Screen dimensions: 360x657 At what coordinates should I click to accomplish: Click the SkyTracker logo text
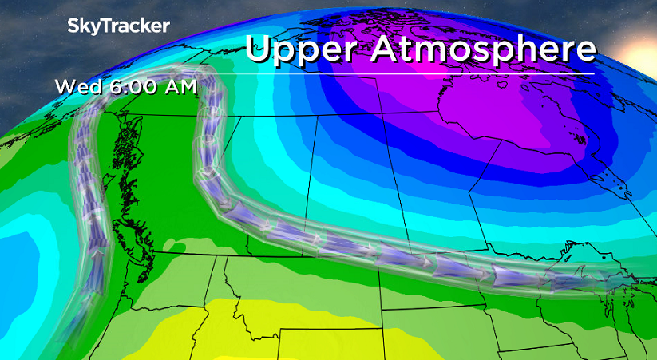[118, 26]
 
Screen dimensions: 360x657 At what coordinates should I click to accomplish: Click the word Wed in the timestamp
[77, 86]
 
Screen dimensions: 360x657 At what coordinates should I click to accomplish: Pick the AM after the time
[178, 86]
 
